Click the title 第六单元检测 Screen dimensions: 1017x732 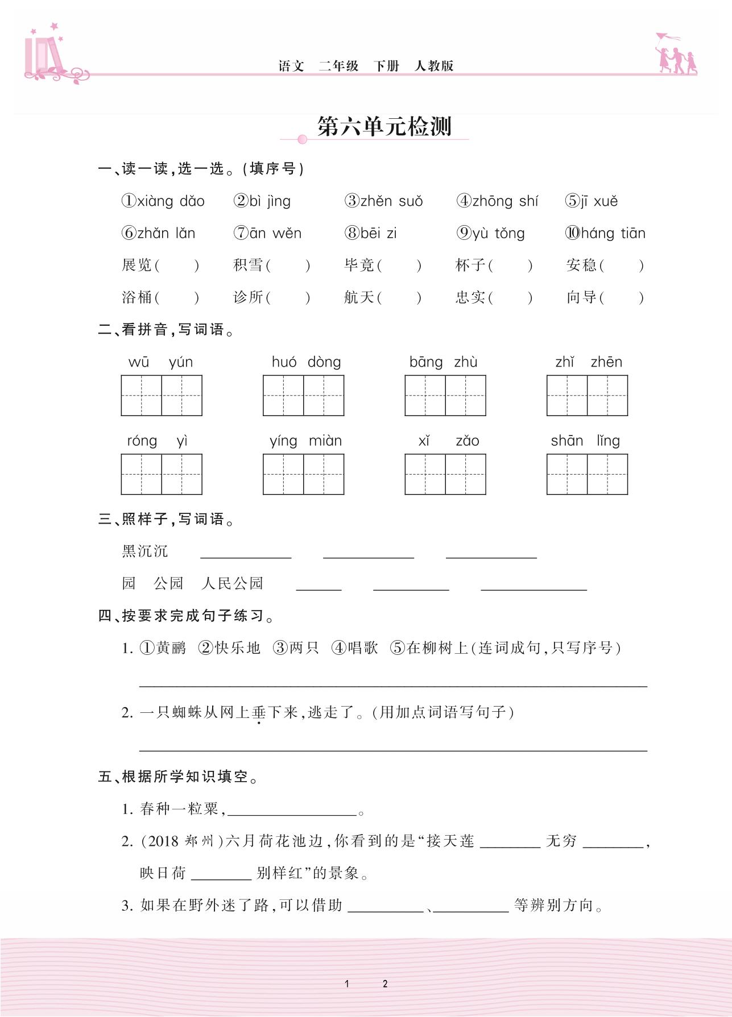384,126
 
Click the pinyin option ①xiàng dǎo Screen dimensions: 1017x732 163,201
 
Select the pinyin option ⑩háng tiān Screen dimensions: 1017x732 605,233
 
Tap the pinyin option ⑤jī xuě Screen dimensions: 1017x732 592,201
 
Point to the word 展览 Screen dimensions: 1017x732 137,265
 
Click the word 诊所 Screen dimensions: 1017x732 249,297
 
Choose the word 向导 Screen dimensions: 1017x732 581,297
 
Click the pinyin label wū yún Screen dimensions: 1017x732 161,362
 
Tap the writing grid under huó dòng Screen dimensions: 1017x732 303,396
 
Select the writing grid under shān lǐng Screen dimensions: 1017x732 587,474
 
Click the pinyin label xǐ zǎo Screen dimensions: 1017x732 449,441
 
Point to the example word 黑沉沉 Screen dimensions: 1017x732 145,551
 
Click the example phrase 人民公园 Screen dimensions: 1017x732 232,583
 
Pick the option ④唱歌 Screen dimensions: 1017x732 355,648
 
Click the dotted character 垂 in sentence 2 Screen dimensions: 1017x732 259,712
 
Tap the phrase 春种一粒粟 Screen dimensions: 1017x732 179,809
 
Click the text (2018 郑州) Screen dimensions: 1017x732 182,841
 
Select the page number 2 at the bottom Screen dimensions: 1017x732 385,983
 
